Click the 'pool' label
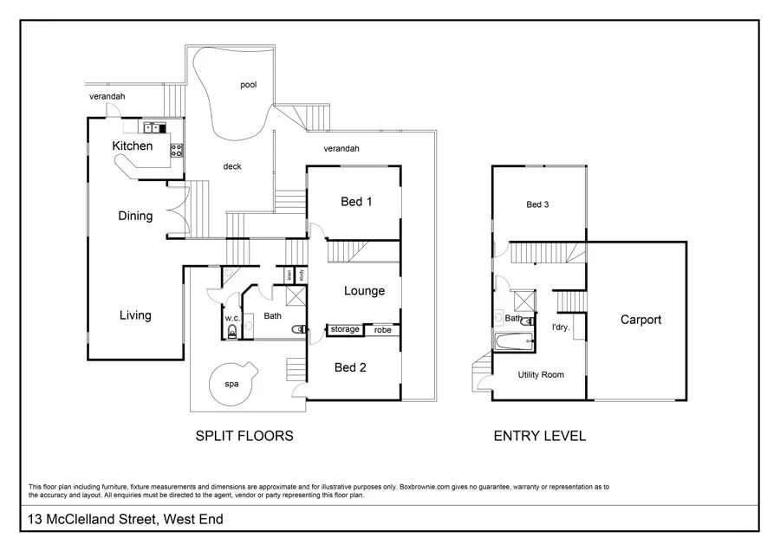(248, 85)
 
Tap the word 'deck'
(231, 166)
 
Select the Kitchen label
(133, 146)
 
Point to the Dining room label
(135, 216)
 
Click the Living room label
(135, 315)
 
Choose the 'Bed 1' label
(356, 202)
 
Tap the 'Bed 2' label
(350, 367)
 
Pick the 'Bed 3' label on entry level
(538, 205)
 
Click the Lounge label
(364, 291)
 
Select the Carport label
(640, 320)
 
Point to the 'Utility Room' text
(541, 375)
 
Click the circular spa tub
(232, 384)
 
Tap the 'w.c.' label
(231, 318)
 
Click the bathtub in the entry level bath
(513, 342)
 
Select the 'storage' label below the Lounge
(345, 330)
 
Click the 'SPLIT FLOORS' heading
(244, 436)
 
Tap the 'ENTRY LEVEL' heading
(539, 436)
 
